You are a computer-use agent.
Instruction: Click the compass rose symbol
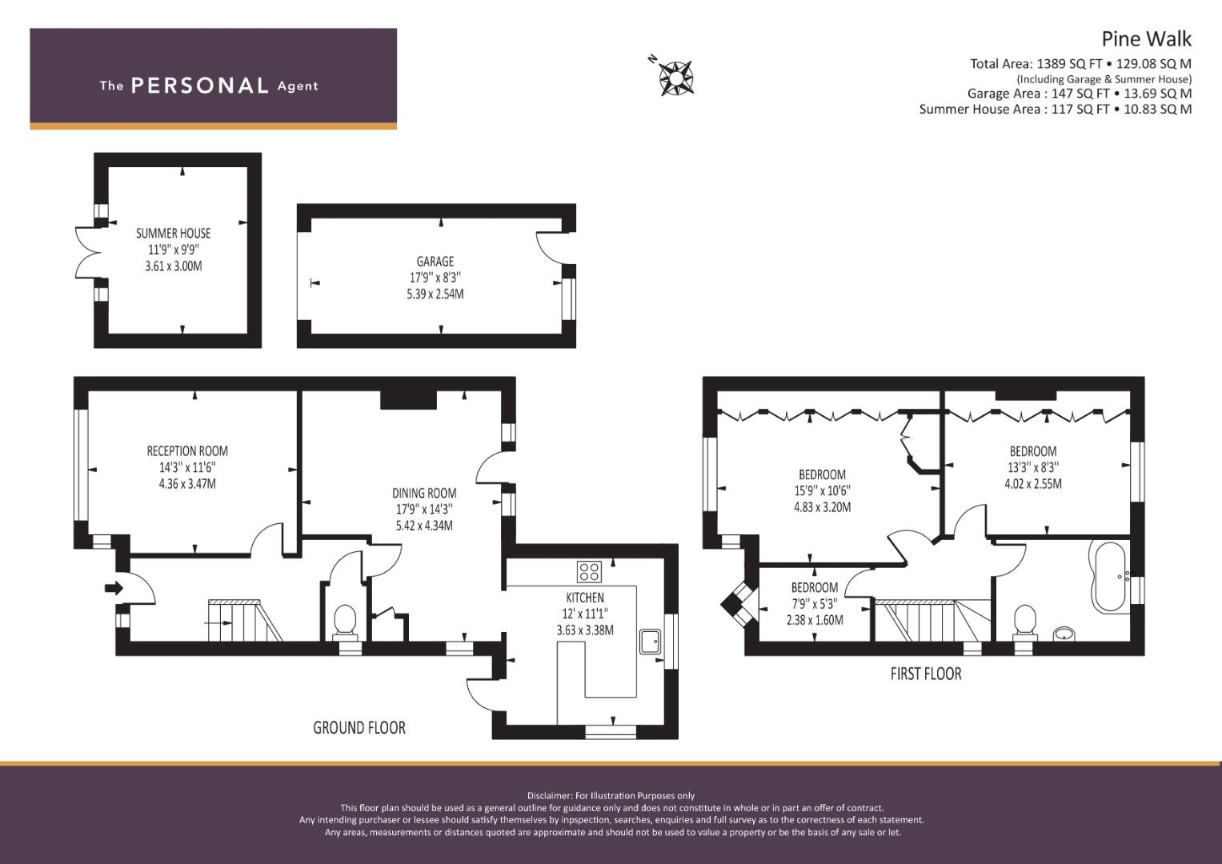click(x=675, y=78)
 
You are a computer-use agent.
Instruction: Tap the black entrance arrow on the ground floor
click(x=114, y=588)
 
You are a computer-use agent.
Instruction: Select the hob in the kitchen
click(x=590, y=571)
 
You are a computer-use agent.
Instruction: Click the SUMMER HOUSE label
click(x=173, y=233)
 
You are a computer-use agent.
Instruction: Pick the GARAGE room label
click(x=435, y=262)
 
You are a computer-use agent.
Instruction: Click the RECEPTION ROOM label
click(x=187, y=451)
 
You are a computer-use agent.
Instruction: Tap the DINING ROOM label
click(x=424, y=494)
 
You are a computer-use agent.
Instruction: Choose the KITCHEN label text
click(x=585, y=598)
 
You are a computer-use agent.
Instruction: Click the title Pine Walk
click(x=1146, y=38)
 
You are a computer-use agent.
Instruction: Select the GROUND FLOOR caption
click(x=359, y=727)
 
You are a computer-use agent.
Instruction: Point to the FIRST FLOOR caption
click(x=925, y=674)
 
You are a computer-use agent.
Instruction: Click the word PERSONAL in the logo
click(x=199, y=86)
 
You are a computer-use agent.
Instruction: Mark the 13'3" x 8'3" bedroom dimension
click(x=1032, y=467)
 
